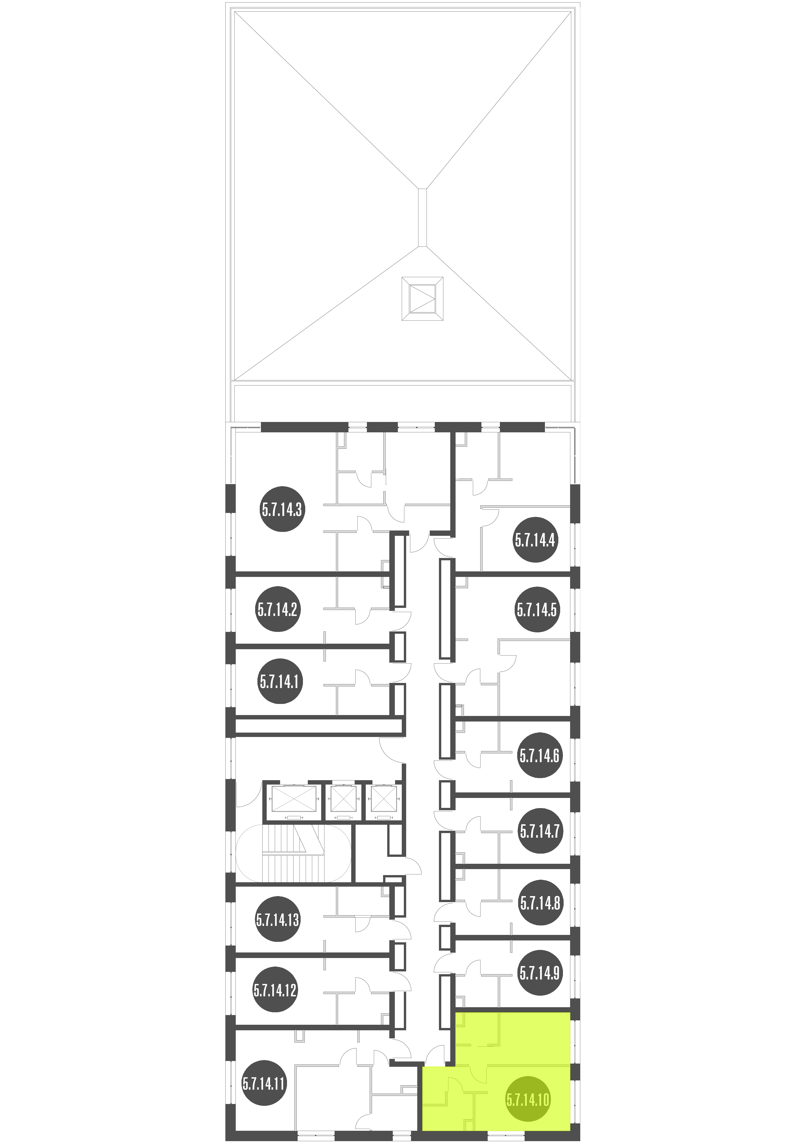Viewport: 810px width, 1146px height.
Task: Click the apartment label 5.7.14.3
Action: (282, 510)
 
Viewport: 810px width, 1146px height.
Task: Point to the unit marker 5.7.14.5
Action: (537, 609)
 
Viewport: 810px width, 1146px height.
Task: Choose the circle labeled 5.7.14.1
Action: (279, 681)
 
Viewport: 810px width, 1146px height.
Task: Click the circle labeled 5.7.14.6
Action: (540, 756)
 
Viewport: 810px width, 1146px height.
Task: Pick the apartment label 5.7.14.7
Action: (540, 831)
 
